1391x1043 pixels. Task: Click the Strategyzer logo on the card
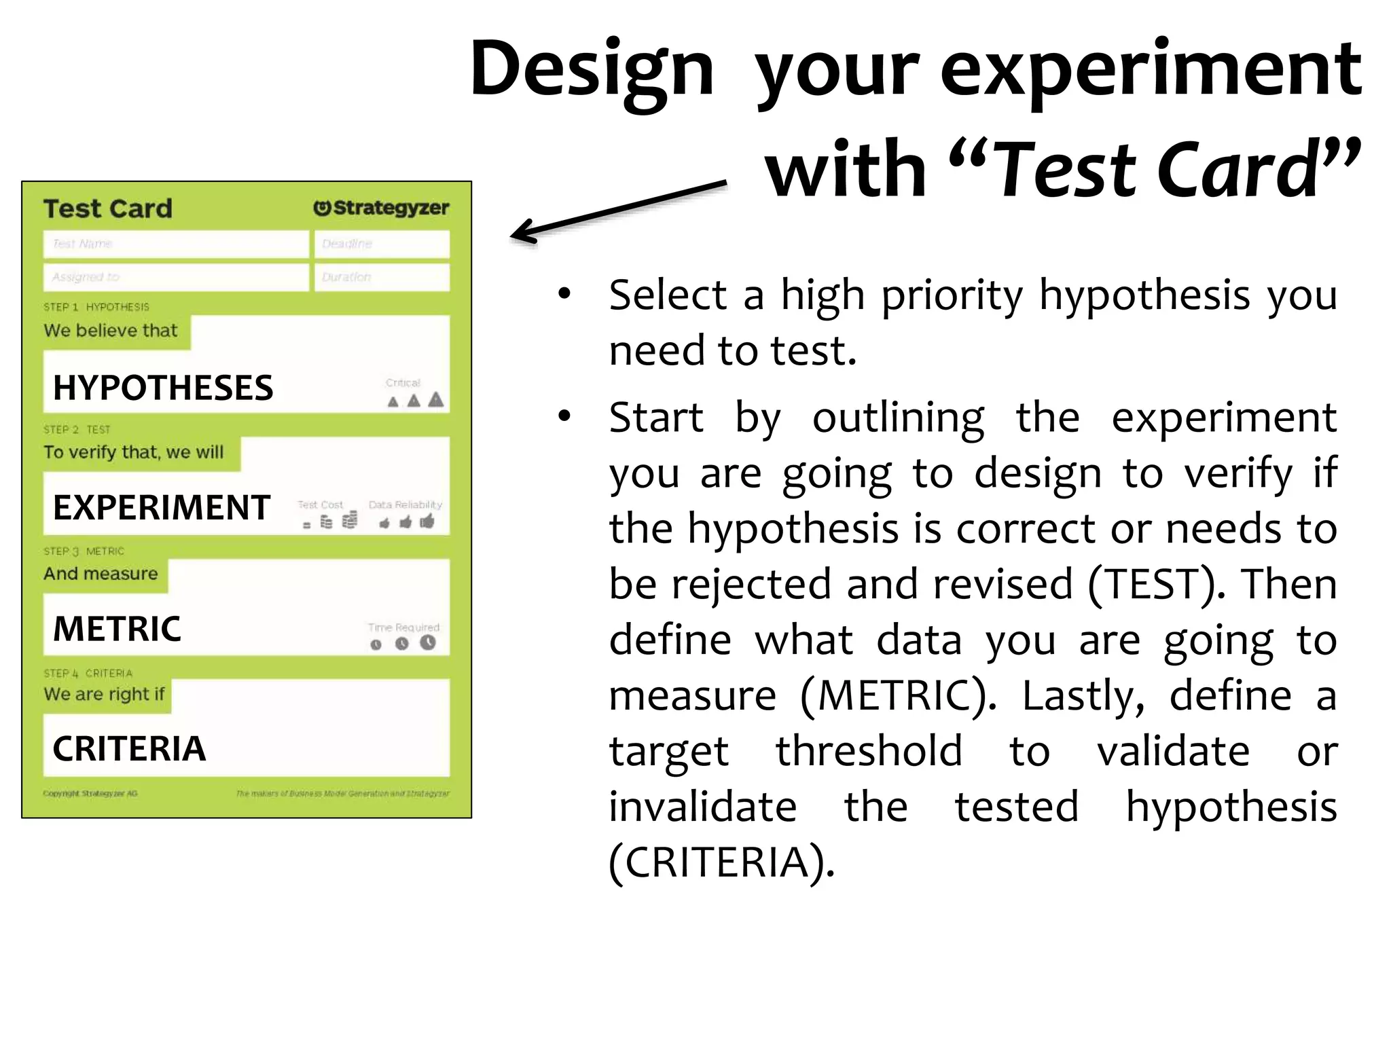[x=381, y=208]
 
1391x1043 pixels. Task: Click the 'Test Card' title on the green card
[x=107, y=208]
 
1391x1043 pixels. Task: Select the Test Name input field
[x=176, y=244]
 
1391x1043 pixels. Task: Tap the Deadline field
[x=382, y=244]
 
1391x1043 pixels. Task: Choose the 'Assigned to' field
[x=176, y=277]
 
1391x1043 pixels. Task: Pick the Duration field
[x=382, y=277]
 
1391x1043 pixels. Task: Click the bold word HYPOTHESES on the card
[x=163, y=388]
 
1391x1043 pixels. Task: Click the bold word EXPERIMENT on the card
[x=162, y=507]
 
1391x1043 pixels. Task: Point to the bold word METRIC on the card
[x=117, y=629]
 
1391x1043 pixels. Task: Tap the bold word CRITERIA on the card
[x=129, y=749]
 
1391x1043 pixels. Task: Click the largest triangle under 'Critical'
[x=436, y=399]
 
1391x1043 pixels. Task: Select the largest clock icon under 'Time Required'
[x=428, y=642]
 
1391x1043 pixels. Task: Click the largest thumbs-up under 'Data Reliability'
[x=427, y=521]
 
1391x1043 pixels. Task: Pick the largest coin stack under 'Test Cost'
[x=350, y=520]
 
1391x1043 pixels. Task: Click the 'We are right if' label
[x=104, y=694]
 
